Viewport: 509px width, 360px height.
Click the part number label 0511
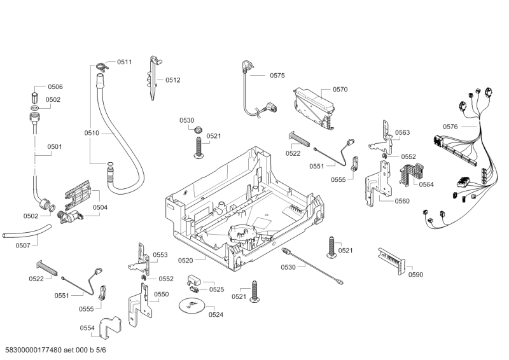click(x=124, y=62)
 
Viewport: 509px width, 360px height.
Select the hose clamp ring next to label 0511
click(x=100, y=64)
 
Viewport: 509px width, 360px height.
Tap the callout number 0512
click(x=173, y=80)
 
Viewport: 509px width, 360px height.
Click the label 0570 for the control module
click(x=340, y=90)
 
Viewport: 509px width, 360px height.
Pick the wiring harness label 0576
click(x=450, y=127)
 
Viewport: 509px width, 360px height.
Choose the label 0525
click(x=216, y=289)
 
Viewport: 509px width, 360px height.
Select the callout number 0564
click(x=426, y=184)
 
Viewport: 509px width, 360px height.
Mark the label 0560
click(x=402, y=201)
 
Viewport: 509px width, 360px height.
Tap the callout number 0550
click(x=161, y=294)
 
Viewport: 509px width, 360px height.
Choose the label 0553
click(x=160, y=254)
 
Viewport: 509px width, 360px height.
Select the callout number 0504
click(x=100, y=207)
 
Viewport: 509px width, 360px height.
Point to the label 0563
click(x=402, y=132)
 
